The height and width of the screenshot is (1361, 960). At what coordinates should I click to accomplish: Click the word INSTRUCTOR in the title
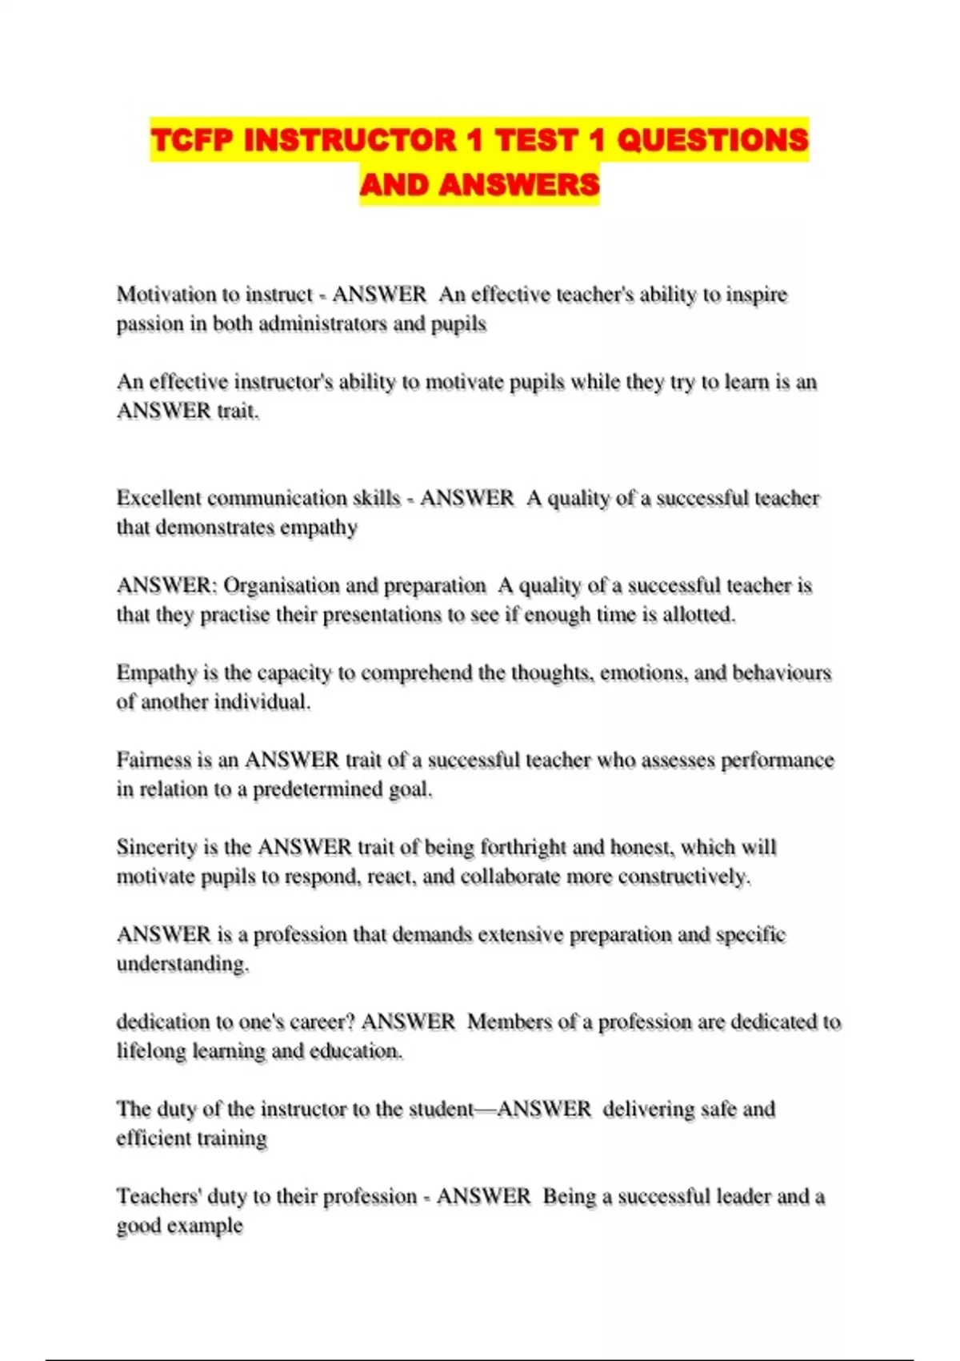[x=350, y=140]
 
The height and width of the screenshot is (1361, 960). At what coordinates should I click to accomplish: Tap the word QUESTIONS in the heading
[x=712, y=140]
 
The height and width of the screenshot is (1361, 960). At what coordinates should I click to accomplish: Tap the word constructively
[x=685, y=877]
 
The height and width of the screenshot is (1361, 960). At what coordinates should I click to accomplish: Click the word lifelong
[x=151, y=1051]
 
